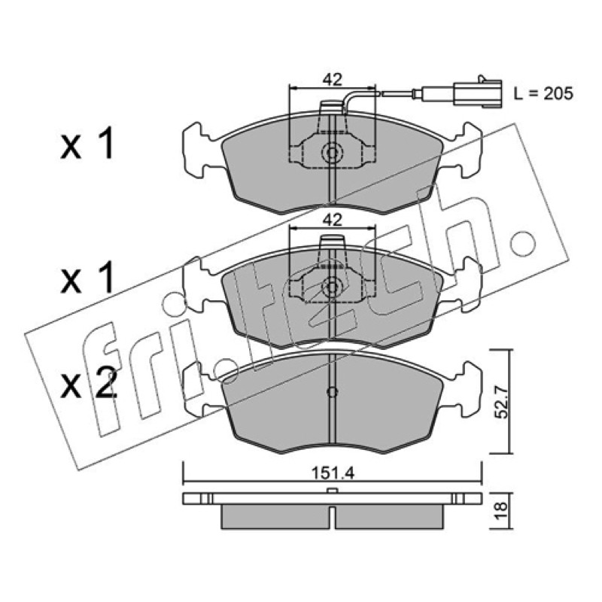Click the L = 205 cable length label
[x=543, y=93]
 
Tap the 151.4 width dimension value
[x=333, y=473]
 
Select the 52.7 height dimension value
[x=502, y=402]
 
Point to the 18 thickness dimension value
[x=502, y=511]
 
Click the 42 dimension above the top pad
[x=332, y=80]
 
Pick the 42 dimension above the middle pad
[x=332, y=220]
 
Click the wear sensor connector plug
[x=478, y=93]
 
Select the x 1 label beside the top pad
[x=87, y=144]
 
